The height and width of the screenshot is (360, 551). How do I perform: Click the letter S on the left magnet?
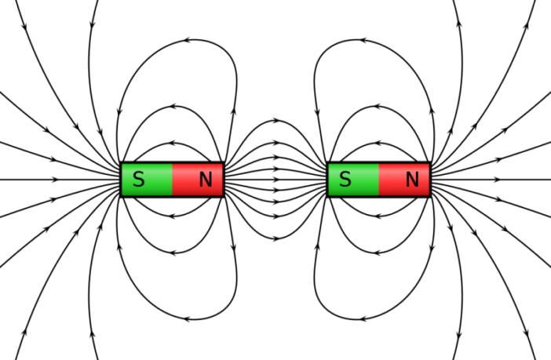(139, 179)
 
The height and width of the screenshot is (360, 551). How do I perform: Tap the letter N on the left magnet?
(206, 179)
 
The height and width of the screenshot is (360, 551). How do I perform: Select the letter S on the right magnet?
(345, 179)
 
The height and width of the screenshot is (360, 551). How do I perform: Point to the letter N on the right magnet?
(412, 179)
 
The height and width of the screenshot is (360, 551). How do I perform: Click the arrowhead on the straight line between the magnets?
(276, 180)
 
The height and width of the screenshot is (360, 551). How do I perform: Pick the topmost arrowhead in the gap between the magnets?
(276, 121)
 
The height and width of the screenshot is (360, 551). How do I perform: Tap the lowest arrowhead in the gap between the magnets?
(276, 239)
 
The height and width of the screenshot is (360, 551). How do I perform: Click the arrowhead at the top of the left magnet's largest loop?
(188, 40)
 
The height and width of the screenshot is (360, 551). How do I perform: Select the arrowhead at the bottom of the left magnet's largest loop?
(188, 319)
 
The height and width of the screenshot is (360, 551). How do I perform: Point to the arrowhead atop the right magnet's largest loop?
(363, 40)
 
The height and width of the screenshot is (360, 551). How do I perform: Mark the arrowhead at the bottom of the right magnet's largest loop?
(363, 319)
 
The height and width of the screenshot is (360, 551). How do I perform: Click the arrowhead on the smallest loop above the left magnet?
(172, 143)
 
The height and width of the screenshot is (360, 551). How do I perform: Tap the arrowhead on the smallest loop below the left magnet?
(172, 216)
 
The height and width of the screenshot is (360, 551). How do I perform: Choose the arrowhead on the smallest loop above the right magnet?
(378, 143)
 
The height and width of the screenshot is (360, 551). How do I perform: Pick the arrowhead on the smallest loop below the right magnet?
(378, 216)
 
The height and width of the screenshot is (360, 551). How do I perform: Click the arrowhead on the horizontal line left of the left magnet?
(54, 180)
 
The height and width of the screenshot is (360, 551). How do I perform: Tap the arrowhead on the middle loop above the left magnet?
(172, 106)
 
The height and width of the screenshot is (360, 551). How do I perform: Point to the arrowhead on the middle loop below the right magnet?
(378, 253)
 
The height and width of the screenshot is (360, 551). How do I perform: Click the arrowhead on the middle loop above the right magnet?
(378, 106)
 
